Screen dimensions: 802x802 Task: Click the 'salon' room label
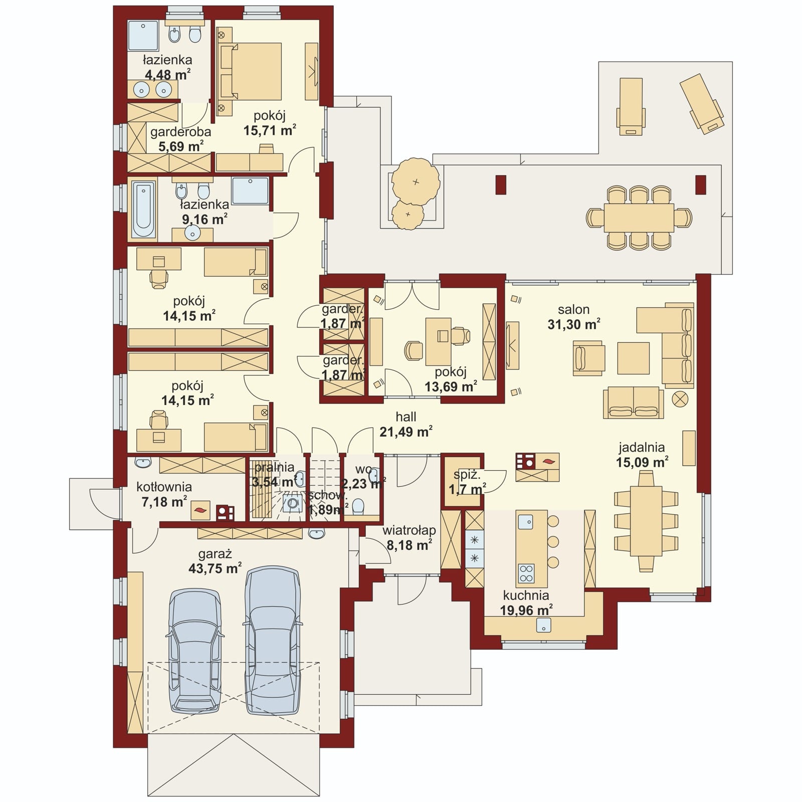(x=573, y=309)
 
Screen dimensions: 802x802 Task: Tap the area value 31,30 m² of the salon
(x=573, y=324)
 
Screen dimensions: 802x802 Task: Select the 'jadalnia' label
(x=642, y=447)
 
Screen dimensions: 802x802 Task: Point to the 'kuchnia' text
(x=526, y=595)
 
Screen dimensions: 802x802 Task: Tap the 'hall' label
(x=406, y=417)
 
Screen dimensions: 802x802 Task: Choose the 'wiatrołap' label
(x=409, y=530)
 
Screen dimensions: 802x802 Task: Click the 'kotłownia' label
(x=164, y=487)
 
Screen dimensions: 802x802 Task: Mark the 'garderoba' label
(x=180, y=132)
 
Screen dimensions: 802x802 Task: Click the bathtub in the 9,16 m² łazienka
(x=143, y=210)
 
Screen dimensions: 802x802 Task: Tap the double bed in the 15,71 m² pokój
(x=250, y=71)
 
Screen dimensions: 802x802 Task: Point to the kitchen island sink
(x=525, y=521)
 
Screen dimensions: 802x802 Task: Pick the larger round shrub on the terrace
(x=415, y=181)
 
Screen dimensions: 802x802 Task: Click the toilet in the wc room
(x=358, y=506)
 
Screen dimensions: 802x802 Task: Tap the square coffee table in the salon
(x=633, y=358)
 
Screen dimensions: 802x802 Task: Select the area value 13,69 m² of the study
(x=451, y=386)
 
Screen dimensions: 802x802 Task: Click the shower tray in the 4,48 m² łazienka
(x=143, y=35)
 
